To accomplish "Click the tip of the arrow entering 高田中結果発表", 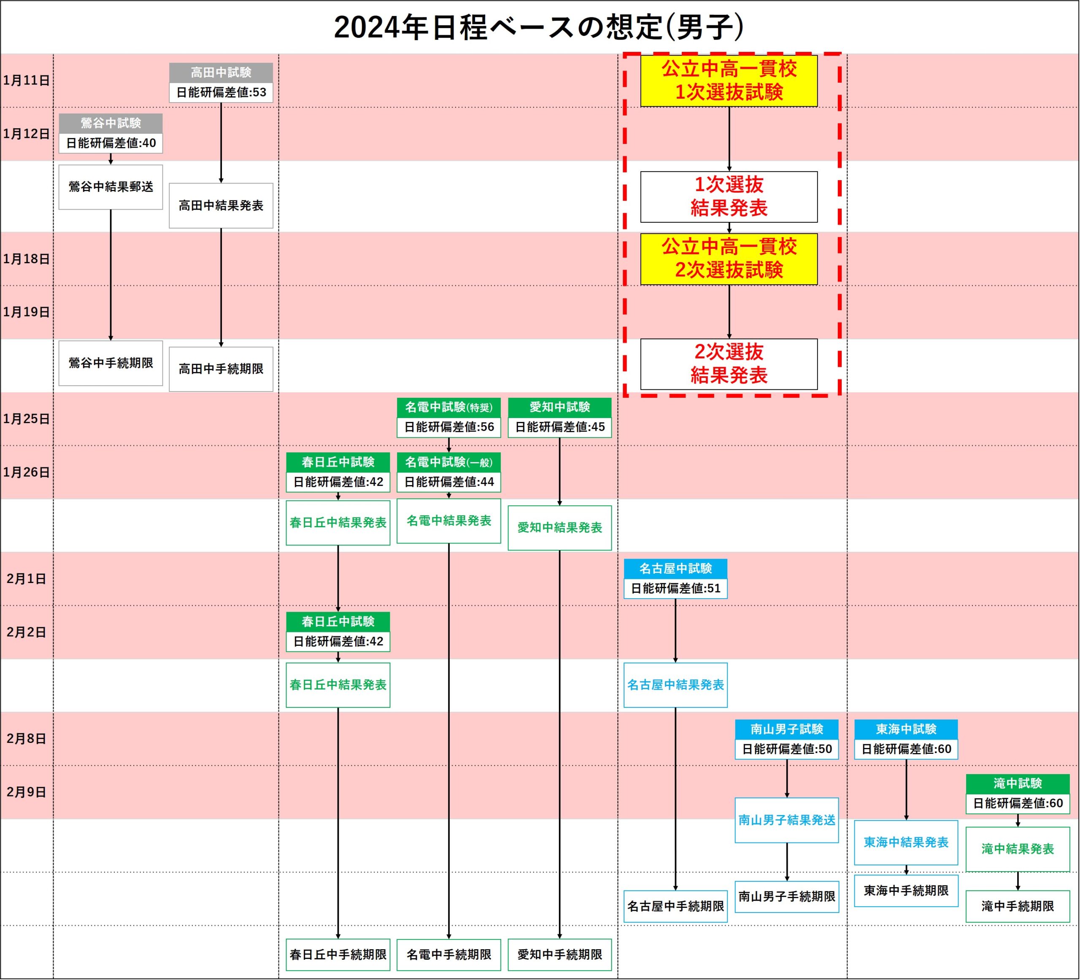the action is click(221, 183).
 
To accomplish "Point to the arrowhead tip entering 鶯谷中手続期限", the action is click(111, 341).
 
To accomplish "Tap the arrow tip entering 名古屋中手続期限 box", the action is click(675, 891).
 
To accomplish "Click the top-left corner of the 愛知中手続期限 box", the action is click(508, 939).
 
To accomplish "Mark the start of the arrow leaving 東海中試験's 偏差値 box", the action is click(907, 760).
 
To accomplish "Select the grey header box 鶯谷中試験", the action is click(111, 123).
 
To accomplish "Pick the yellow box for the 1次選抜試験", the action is click(729, 81).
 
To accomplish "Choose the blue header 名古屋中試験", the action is click(675, 569).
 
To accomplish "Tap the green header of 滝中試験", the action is click(1018, 783).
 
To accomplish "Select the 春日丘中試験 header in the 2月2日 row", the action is click(338, 621).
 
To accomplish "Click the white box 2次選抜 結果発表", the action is click(729, 364).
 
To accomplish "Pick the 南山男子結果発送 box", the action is click(787, 821).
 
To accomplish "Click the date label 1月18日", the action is click(26, 259).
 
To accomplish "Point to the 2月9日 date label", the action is click(26, 792).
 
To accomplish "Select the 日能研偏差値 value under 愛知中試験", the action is click(560, 427).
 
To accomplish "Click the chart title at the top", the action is click(540, 27).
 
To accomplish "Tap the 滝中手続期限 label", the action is click(1018, 906).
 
